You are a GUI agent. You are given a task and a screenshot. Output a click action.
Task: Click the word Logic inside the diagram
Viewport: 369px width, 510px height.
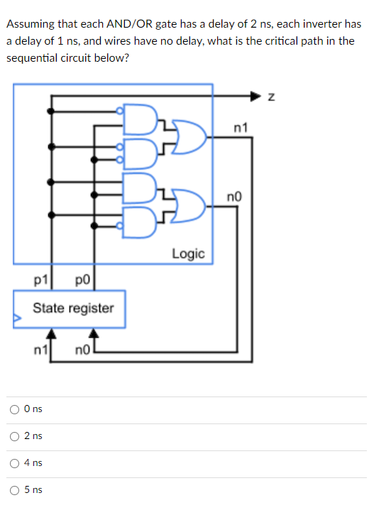click(188, 253)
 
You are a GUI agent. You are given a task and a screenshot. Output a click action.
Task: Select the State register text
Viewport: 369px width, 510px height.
click(72, 309)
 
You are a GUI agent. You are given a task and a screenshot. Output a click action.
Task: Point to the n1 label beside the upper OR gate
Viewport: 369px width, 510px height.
click(240, 128)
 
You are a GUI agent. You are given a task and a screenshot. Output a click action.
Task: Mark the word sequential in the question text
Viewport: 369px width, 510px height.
click(31, 57)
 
